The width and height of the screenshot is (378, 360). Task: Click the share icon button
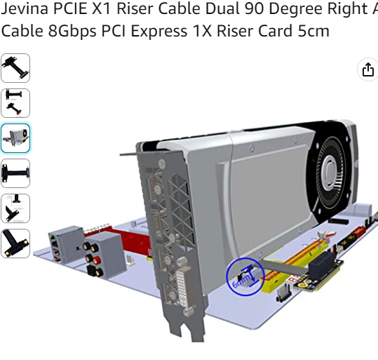click(x=368, y=69)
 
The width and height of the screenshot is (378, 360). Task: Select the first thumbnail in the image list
click(x=15, y=68)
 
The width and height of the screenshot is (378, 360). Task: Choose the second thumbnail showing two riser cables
click(x=15, y=103)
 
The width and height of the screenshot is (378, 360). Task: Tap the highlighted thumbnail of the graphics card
click(x=15, y=138)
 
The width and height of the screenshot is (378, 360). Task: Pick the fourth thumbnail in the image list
click(x=15, y=173)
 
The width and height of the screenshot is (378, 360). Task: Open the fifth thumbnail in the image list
click(x=15, y=208)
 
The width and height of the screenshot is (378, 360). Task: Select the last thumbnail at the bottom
click(x=15, y=244)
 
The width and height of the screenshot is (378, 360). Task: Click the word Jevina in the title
click(x=25, y=8)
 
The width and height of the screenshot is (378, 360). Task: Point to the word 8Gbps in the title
click(x=72, y=31)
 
